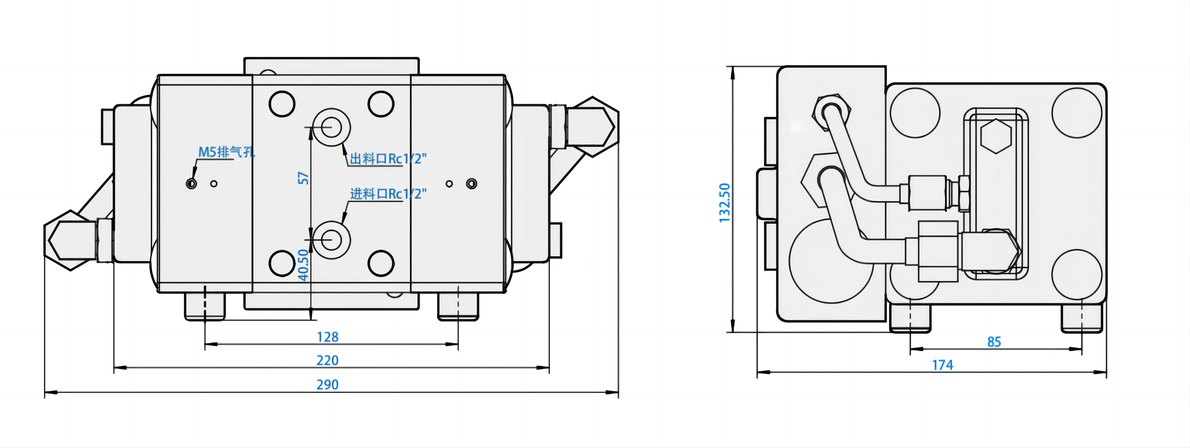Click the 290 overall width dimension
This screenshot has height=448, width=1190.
[x=327, y=384]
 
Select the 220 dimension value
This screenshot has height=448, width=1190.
[x=327, y=360]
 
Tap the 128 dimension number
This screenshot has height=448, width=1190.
[x=327, y=337]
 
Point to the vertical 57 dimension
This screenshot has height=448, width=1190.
[x=303, y=178]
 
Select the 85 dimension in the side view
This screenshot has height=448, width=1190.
[x=994, y=342]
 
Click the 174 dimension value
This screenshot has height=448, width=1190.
[x=942, y=365]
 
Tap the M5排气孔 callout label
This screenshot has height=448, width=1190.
[x=226, y=152]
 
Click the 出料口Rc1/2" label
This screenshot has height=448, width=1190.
[x=388, y=159]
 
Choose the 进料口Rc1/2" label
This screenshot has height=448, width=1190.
[x=388, y=194]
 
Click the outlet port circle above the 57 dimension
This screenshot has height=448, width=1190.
[x=331, y=127]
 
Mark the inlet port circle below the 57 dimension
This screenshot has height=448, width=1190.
[x=331, y=240]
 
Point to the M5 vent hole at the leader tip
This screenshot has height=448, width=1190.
[x=191, y=184]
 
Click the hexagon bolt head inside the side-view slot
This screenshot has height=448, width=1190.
[x=996, y=136]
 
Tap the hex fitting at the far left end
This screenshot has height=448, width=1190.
[x=69, y=240]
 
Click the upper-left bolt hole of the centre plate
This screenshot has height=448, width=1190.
[x=282, y=104]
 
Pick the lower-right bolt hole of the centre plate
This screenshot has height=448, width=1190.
[x=381, y=263]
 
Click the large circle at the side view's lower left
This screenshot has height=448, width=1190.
[x=831, y=261]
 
